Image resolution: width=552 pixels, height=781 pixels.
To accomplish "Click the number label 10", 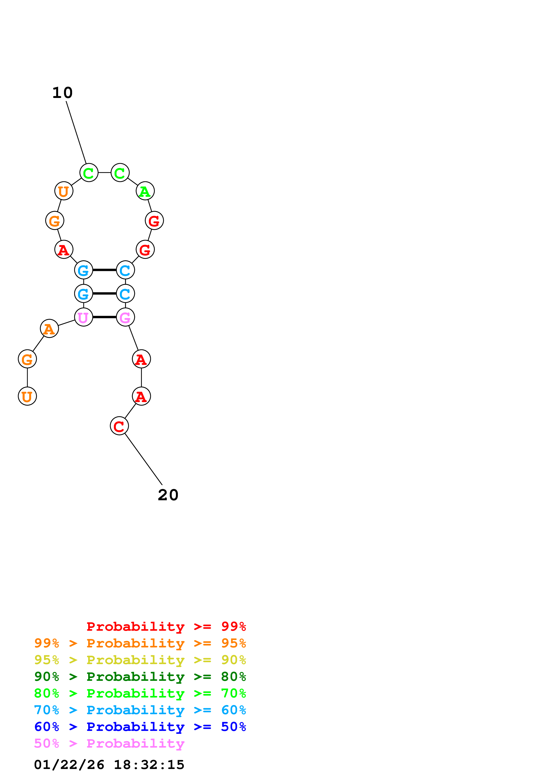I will tap(62, 93).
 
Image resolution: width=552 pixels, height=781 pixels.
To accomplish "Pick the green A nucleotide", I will tap(145, 191).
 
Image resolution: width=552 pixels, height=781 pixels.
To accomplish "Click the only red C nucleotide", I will tap(119, 426).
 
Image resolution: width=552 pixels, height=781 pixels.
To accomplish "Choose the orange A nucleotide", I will tap(49, 329).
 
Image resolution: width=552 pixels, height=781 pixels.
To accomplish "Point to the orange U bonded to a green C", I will tap(64, 191).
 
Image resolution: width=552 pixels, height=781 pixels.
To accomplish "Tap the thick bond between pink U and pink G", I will tap(104, 317).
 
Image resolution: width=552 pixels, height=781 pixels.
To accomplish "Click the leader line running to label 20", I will tap(144, 459).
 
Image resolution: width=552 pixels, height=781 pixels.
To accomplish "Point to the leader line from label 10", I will tap(76, 133).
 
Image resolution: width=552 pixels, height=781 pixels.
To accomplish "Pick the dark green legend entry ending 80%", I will tap(140, 677).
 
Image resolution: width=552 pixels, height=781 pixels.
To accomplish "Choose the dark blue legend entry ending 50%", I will tap(140, 727).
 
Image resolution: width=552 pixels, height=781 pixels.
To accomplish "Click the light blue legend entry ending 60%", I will tap(140, 710).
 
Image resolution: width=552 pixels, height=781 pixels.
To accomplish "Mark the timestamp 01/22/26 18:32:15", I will tap(109, 765).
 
